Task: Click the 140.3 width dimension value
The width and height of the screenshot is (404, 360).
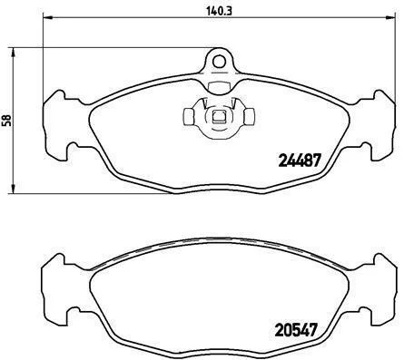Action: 219,12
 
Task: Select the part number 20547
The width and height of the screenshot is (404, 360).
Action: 296,330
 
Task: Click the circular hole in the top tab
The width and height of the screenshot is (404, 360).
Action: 219,62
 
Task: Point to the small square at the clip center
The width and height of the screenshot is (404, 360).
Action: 218,116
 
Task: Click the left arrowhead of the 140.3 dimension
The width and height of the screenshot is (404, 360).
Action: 48,17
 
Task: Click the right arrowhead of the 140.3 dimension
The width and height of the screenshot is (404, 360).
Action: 390,17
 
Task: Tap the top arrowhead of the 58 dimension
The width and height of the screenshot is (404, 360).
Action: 13,53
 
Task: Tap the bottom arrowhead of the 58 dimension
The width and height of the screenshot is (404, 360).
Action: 13,189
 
